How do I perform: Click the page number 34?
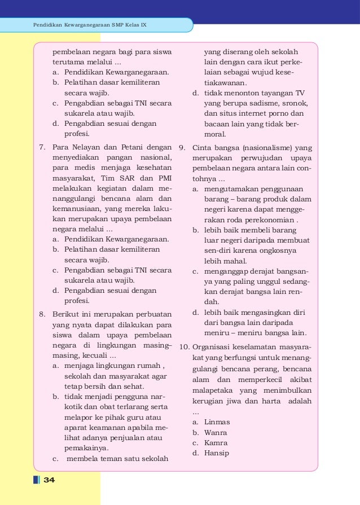click(49, 480)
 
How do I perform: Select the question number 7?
click(42, 148)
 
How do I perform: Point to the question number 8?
click(42, 314)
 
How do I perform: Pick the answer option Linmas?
click(217, 421)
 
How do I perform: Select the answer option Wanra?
click(216, 432)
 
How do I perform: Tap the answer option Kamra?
click(216, 443)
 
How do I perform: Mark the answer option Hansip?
click(217, 453)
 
